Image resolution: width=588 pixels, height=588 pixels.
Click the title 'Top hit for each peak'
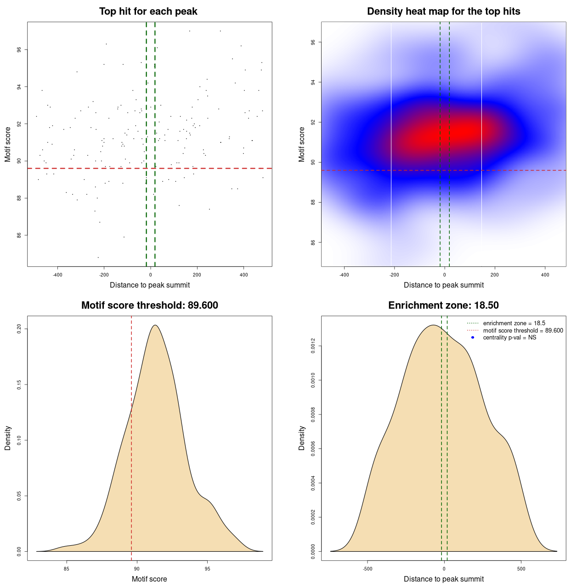point(148,11)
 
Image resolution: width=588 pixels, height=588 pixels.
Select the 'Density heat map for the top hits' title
point(443,11)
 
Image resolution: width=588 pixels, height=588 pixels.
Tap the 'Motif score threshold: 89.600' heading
point(149,305)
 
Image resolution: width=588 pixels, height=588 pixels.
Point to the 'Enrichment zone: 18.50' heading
point(443,305)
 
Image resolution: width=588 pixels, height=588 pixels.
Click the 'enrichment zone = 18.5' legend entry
point(514,323)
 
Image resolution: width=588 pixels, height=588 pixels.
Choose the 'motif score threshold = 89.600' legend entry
point(523,330)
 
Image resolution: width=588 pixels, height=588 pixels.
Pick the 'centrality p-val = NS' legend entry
point(509,338)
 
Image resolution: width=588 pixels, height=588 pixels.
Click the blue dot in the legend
point(473,338)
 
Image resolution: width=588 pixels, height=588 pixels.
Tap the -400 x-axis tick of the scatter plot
point(57,275)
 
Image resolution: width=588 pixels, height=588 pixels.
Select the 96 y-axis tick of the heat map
point(313,42)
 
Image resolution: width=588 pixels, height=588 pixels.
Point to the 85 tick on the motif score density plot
point(67,569)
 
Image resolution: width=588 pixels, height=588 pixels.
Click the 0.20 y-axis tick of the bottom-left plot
point(19,329)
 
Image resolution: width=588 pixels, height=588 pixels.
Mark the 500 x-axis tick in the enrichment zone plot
point(521,569)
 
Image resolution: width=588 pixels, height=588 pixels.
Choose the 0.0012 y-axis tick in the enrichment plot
point(313,346)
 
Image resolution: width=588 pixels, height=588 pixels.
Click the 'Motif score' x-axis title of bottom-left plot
point(149,579)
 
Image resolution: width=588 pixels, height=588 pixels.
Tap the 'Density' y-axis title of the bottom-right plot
point(302,438)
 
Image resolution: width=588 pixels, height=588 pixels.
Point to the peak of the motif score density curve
point(155,325)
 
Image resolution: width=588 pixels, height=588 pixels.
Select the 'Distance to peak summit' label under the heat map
point(443,285)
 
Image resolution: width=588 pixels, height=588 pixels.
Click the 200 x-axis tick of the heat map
point(495,275)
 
